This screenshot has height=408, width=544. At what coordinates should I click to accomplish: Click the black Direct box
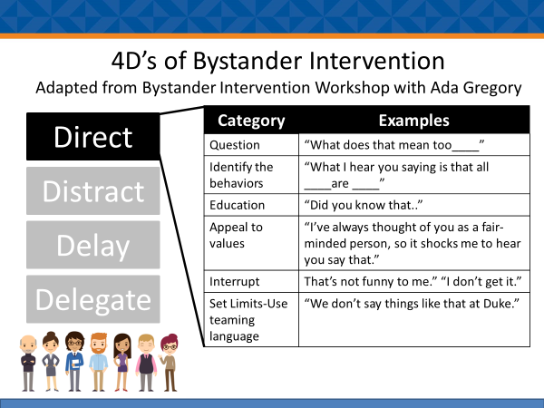[x=93, y=136]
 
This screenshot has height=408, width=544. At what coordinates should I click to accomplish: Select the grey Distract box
[x=93, y=190]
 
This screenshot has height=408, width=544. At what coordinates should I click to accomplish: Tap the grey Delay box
[x=93, y=245]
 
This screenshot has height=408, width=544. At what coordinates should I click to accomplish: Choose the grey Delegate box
[x=93, y=299]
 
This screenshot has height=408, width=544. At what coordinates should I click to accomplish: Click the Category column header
[x=251, y=121]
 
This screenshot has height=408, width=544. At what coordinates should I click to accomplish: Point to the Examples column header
[x=414, y=121]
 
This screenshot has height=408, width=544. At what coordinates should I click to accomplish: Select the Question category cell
[x=251, y=145]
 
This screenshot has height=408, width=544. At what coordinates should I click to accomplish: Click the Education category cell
[x=251, y=205]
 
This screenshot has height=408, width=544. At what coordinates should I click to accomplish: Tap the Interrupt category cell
[x=251, y=281]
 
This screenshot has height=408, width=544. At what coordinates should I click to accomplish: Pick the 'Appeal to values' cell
[x=251, y=243]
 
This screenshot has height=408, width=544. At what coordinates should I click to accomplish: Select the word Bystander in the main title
[x=248, y=62]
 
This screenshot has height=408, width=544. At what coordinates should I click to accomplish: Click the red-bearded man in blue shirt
[x=99, y=362]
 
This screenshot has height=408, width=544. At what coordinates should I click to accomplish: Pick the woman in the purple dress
[x=122, y=363]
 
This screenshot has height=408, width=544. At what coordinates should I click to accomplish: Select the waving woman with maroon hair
[x=169, y=363]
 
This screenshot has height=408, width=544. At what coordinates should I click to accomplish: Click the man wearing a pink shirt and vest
[x=146, y=363]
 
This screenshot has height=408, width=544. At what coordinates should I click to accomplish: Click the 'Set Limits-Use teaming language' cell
[x=251, y=319]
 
